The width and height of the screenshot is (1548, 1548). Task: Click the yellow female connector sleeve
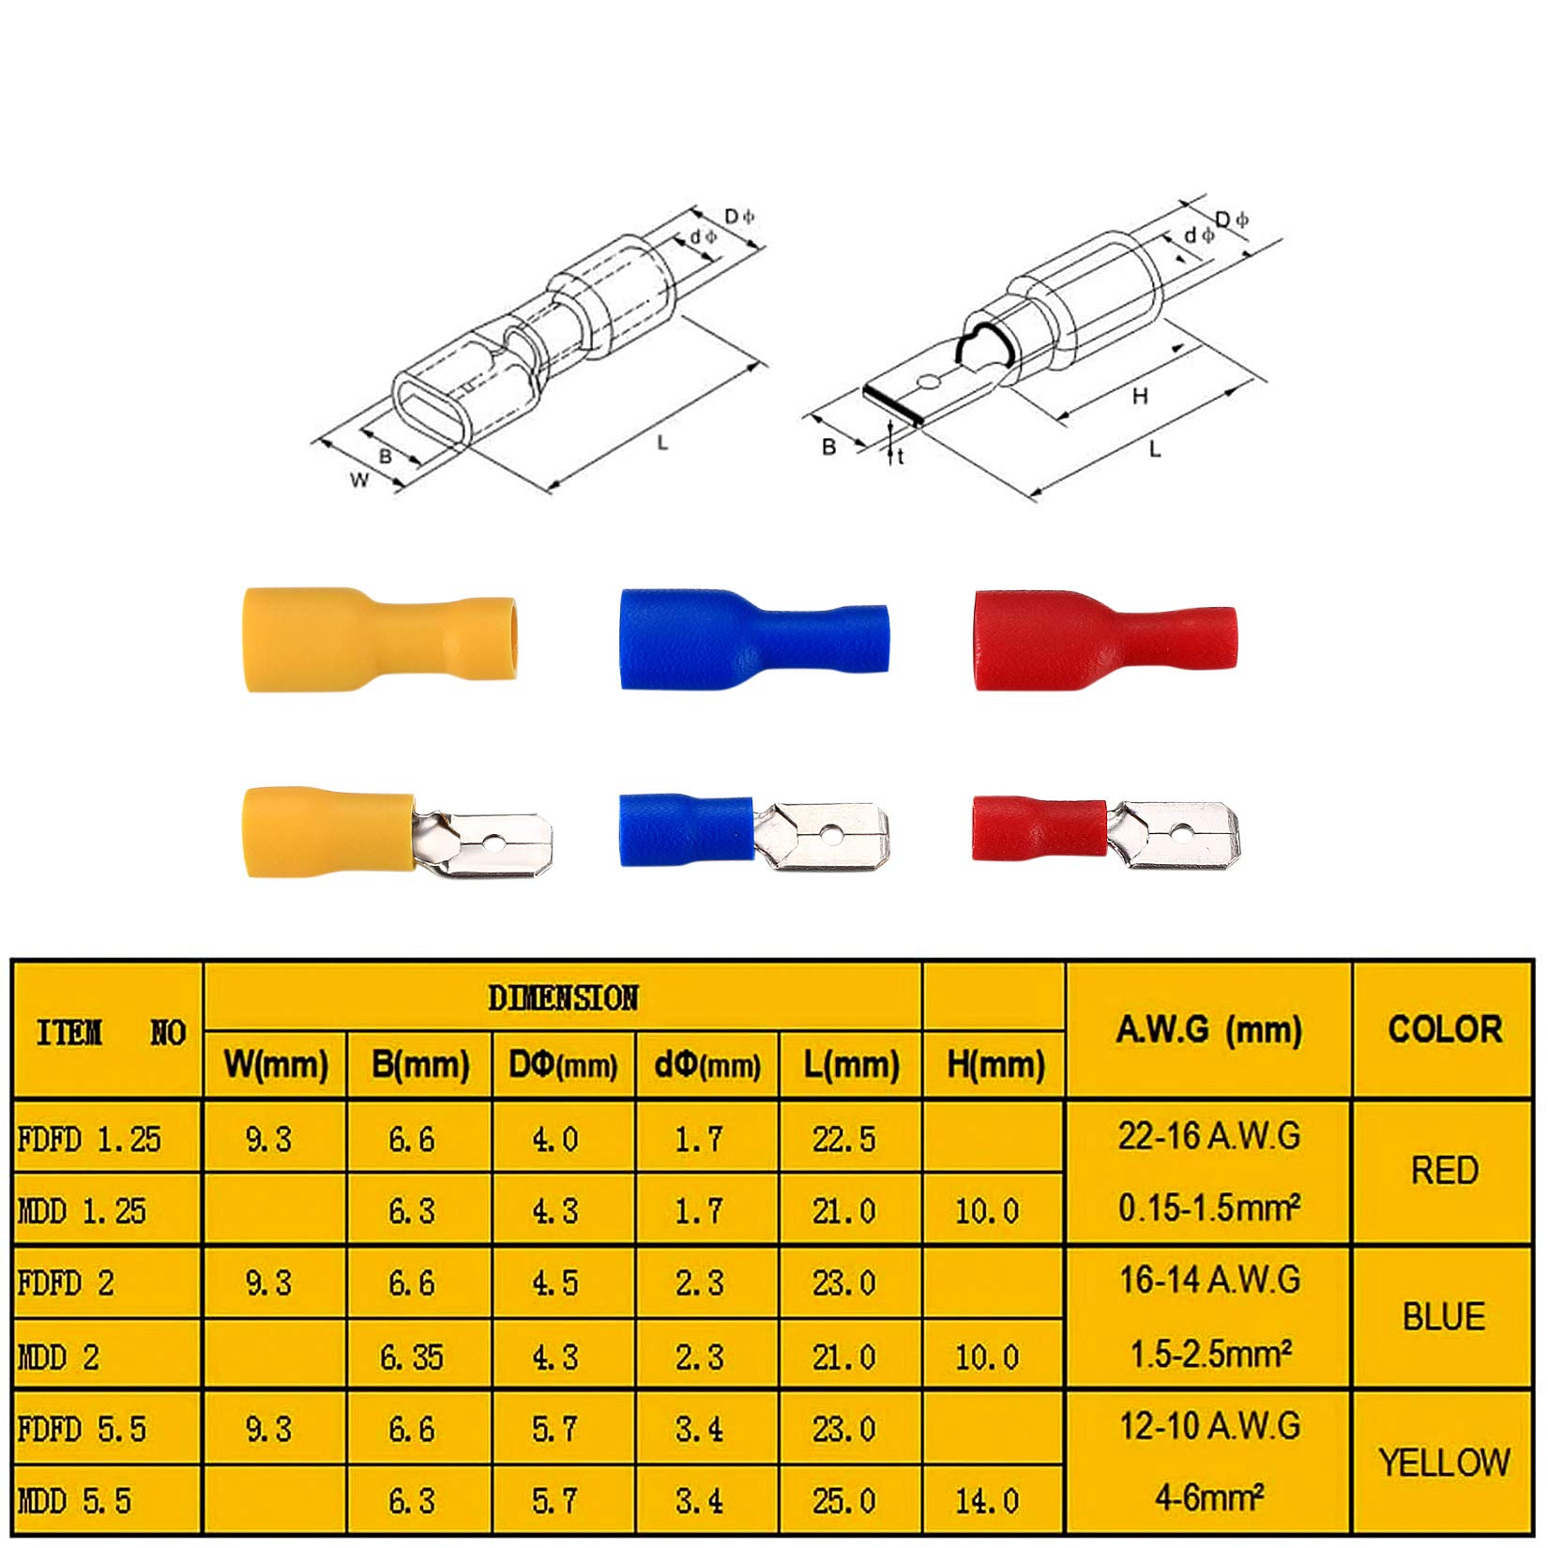379,640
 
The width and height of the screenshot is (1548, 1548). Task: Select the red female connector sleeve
1105,640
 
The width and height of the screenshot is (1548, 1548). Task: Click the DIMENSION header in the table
563,998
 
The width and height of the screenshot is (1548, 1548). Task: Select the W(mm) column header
276,1064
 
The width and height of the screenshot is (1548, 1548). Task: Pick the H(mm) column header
995,1064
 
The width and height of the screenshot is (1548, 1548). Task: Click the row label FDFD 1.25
89,1139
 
